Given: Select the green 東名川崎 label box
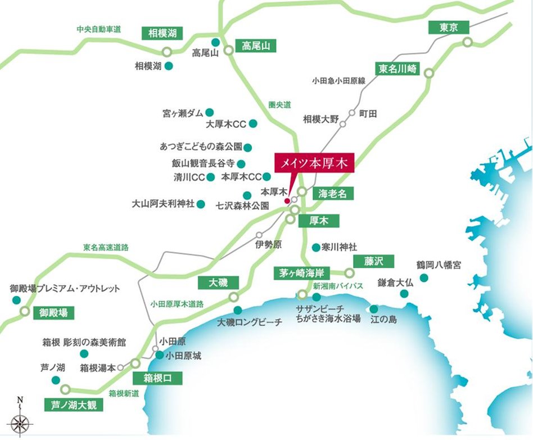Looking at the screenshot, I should (398, 69).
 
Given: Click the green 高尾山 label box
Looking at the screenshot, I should (256, 46).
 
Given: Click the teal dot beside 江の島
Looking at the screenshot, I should (374, 309).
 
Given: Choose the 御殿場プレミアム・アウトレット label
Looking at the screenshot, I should (65, 289).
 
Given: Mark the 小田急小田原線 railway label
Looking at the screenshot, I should (339, 80).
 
